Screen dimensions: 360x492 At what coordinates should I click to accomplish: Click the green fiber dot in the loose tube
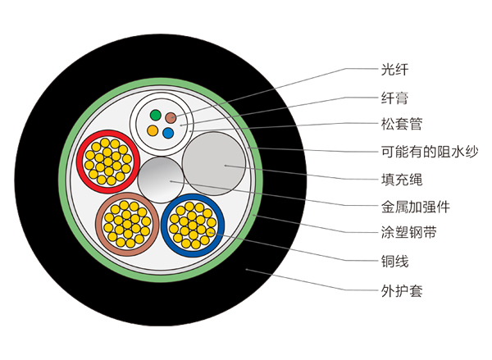pyautogui.click(x=153, y=114)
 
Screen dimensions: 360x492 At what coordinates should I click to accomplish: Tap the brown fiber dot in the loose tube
pyautogui.click(x=171, y=117)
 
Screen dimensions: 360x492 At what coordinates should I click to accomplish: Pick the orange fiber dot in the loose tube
pyautogui.click(x=152, y=130)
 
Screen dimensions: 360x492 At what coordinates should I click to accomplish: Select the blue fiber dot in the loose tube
pyautogui.click(x=168, y=132)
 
